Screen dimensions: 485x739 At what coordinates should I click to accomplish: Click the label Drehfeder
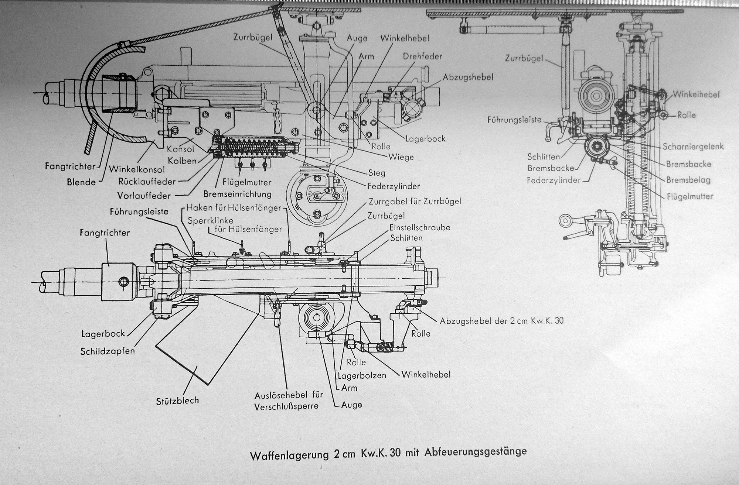pyautogui.click(x=423, y=56)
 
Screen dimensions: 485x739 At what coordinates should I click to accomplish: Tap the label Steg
pyautogui.click(x=377, y=173)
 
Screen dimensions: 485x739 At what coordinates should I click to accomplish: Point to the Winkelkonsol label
pyautogui.click(x=137, y=170)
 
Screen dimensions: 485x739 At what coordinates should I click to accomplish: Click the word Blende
pyautogui.click(x=81, y=182)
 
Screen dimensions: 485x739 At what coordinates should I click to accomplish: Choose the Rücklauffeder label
pyautogui.click(x=147, y=181)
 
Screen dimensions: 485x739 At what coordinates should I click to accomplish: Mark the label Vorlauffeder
pyautogui.click(x=146, y=195)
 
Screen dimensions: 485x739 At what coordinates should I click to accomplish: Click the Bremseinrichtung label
pyautogui.click(x=238, y=194)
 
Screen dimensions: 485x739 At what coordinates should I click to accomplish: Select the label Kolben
pyautogui.click(x=182, y=161)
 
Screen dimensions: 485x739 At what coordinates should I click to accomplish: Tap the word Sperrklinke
pyautogui.click(x=211, y=220)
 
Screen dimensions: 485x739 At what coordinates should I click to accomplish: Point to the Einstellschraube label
pyautogui.click(x=420, y=227)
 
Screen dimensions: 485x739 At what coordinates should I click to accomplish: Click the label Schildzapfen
pyautogui.click(x=108, y=351)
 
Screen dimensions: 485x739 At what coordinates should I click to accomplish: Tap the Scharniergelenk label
pyautogui.click(x=693, y=147)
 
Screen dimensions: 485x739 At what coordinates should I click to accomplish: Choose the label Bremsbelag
pyautogui.click(x=688, y=180)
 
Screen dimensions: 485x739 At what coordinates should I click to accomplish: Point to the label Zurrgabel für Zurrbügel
pyautogui.click(x=415, y=202)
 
